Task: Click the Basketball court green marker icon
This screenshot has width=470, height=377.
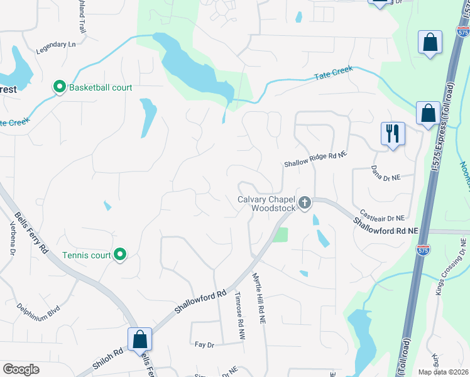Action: pyautogui.click(x=60, y=87)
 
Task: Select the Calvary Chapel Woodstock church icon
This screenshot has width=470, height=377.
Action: pyautogui.click(x=305, y=202)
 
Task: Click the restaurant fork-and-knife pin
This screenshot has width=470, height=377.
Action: pyautogui.click(x=393, y=133)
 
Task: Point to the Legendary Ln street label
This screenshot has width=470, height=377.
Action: pyautogui.click(x=55, y=45)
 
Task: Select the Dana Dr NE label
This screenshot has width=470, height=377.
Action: pyautogui.click(x=385, y=174)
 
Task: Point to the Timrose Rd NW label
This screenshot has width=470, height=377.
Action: pyautogui.click(x=239, y=316)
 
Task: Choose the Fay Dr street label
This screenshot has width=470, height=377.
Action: pyautogui.click(x=205, y=345)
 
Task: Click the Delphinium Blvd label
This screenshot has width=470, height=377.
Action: pyautogui.click(x=39, y=310)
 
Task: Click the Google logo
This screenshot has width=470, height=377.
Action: pyautogui.click(x=21, y=369)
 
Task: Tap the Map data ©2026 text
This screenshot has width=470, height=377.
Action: pyautogui.click(x=443, y=371)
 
